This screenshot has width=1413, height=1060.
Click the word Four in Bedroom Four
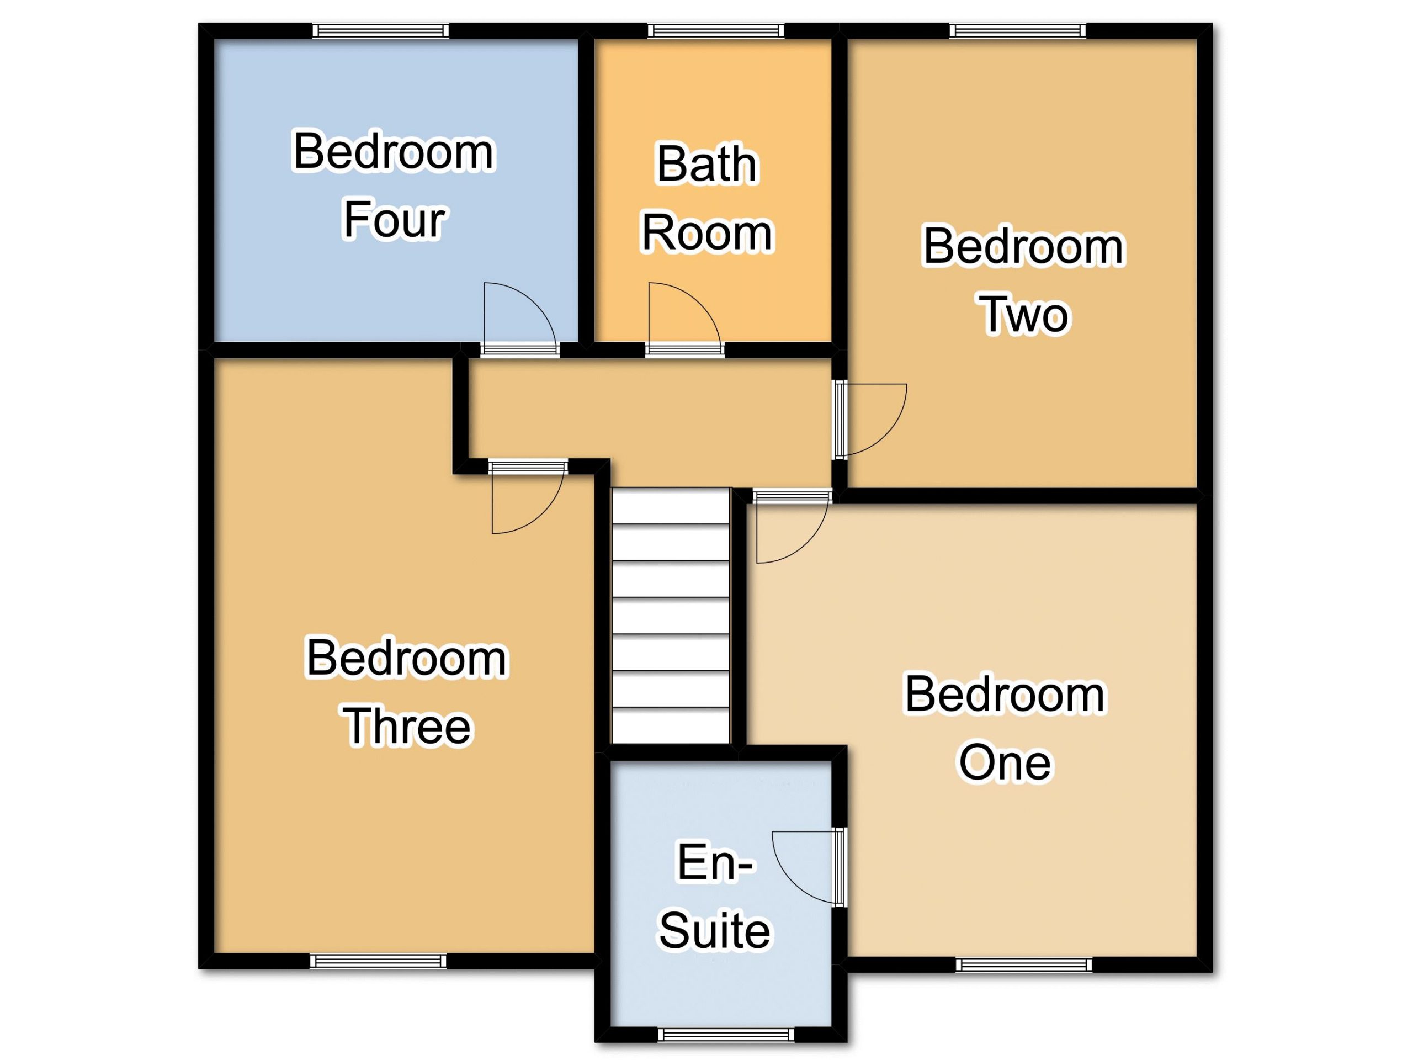click(x=394, y=220)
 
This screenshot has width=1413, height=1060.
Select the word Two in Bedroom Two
click(x=1024, y=315)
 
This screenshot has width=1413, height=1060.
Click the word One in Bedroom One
click(x=1005, y=763)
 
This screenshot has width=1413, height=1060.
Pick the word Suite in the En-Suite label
click(x=715, y=930)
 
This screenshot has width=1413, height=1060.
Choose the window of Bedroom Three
click(x=378, y=961)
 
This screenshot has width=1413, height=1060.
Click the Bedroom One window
click(x=1024, y=965)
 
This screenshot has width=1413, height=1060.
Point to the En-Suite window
click(x=726, y=1035)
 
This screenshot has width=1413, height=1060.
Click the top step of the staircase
click(x=671, y=507)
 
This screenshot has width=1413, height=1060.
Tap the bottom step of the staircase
click(x=671, y=725)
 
